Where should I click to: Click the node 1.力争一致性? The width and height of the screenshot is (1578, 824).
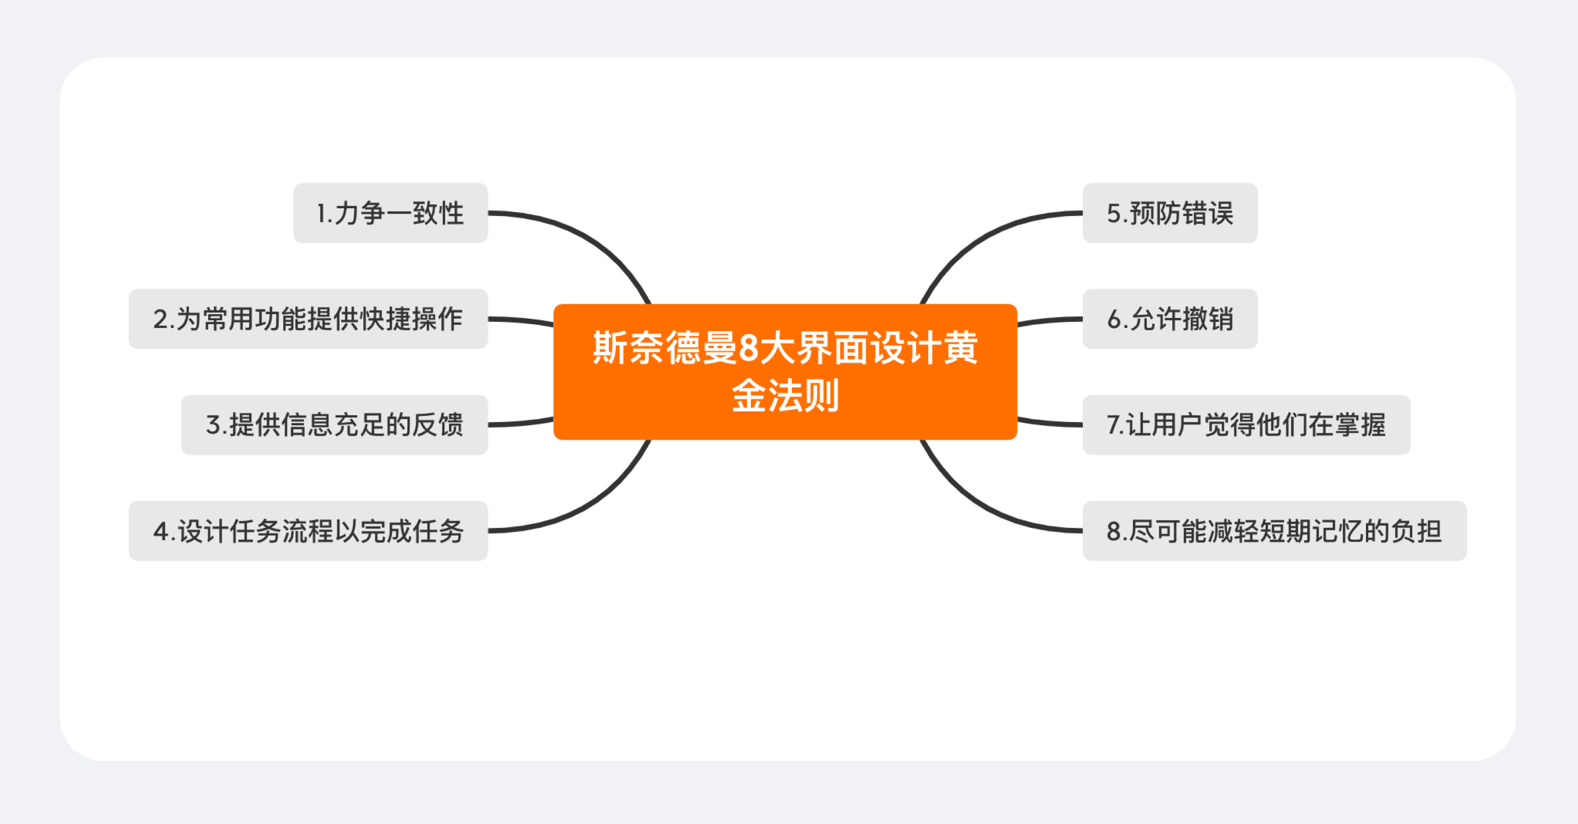(x=390, y=213)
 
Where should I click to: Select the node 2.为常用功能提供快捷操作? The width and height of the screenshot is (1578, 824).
(x=308, y=319)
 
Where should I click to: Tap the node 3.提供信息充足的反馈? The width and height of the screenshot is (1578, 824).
(x=335, y=425)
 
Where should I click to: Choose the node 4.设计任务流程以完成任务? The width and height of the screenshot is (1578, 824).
(x=308, y=531)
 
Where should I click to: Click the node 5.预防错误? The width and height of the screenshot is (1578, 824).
(x=1170, y=213)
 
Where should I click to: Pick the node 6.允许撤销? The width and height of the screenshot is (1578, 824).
(x=1170, y=319)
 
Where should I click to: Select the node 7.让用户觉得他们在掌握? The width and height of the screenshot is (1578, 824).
(x=1246, y=425)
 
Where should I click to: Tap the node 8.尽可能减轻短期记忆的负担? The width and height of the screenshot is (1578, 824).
(x=1274, y=531)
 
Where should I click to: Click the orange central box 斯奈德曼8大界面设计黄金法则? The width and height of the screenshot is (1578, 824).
(x=785, y=372)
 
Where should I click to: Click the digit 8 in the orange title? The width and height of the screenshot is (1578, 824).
(x=749, y=348)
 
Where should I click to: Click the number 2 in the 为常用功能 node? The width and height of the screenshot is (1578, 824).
(x=161, y=320)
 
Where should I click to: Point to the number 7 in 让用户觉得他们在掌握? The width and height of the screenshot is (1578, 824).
(x=1114, y=425)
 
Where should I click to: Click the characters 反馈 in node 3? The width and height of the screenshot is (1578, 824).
(x=437, y=425)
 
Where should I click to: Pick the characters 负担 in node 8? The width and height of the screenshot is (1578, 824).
(x=1416, y=531)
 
